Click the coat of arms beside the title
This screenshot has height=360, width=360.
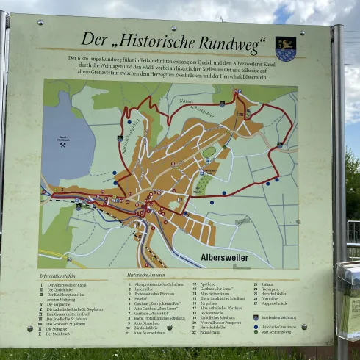(285, 48)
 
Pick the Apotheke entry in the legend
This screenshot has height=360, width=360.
(208, 283)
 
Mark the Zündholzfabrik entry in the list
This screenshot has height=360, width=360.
(145, 328)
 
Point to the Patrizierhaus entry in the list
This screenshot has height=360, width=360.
(211, 332)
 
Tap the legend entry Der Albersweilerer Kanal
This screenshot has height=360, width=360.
(65, 284)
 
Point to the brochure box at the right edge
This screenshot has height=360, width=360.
(348, 301)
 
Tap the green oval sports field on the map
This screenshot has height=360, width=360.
(209, 152)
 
